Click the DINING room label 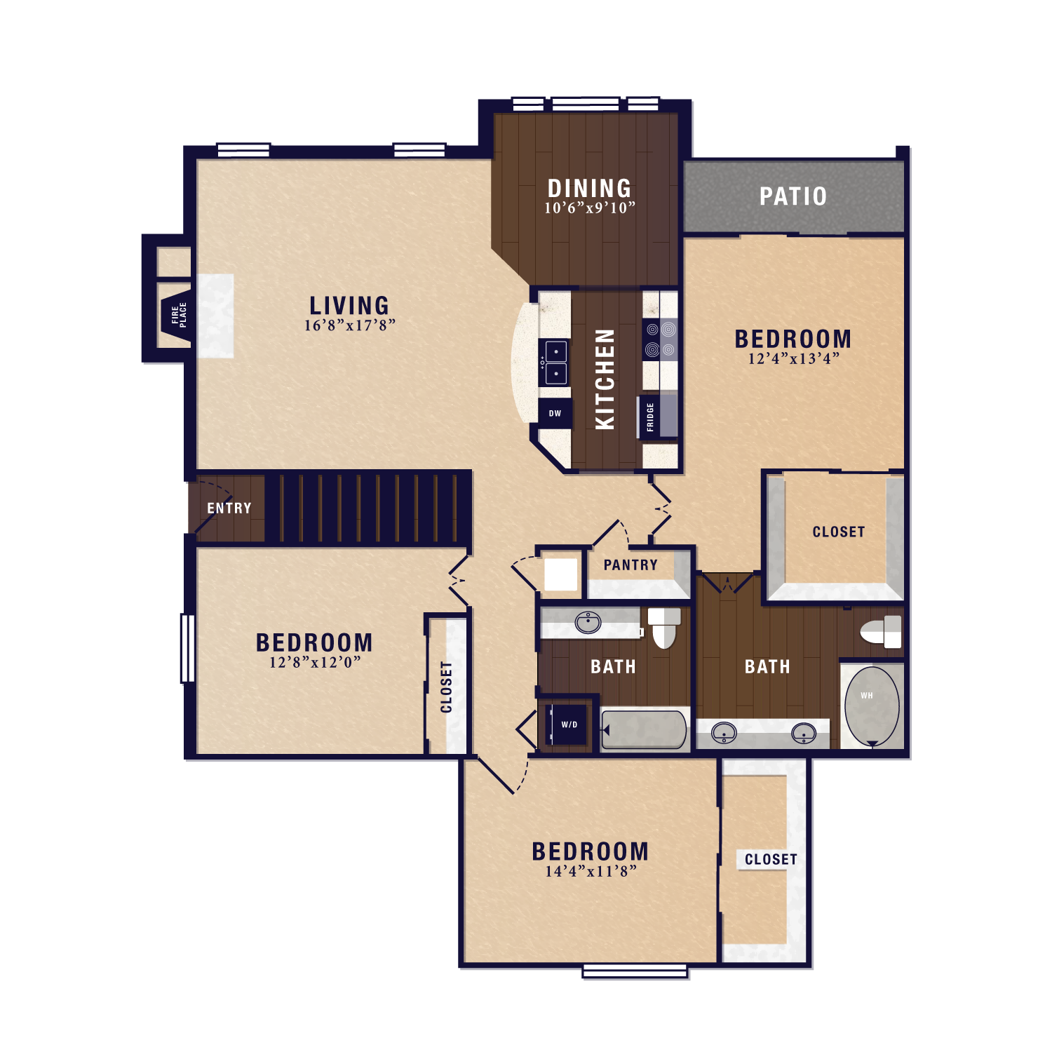[x=589, y=188]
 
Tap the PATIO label [x=793, y=196]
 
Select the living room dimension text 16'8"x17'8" [x=349, y=325]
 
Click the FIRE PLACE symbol [x=176, y=315]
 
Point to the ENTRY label [x=229, y=508]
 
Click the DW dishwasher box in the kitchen [x=555, y=414]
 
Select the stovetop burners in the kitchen [x=660, y=339]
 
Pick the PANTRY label [x=630, y=565]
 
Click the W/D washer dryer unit [x=569, y=724]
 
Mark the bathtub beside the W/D [x=644, y=729]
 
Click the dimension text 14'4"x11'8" [x=591, y=872]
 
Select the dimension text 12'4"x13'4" [x=793, y=359]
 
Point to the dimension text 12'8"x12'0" [x=315, y=662]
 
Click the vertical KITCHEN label [x=605, y=379]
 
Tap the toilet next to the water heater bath [x=881, y=631]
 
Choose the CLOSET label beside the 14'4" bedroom [x=771, y=860]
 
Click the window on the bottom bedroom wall [x=635, y=971]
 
